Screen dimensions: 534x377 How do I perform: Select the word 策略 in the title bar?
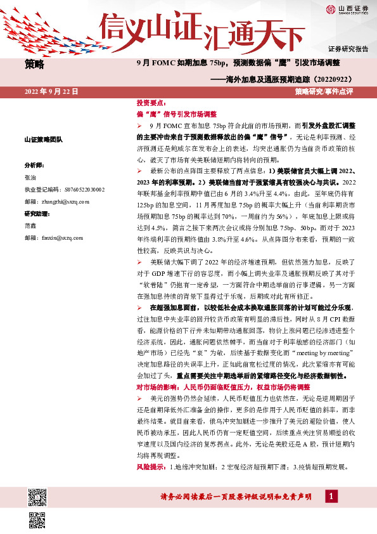click(x=35, y=63)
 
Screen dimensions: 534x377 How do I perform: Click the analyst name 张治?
click(x=30, y=176)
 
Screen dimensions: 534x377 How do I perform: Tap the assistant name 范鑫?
click(x=30, y=226)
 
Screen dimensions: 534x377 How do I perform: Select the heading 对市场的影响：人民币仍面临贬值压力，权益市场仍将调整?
click(x=223, y=387)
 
